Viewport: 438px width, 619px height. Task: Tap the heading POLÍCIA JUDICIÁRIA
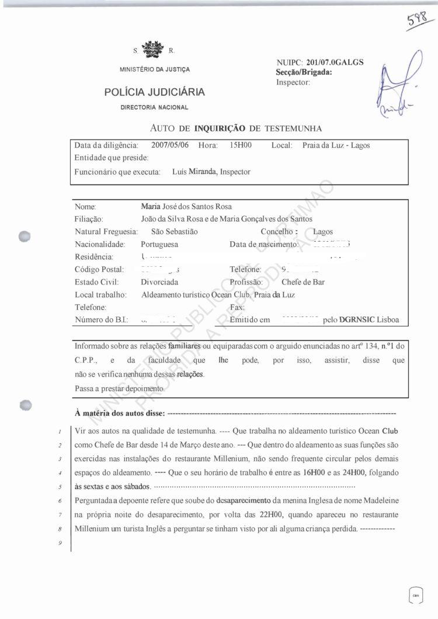(x=154, y=92)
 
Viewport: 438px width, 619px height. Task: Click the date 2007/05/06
(x=170, y=145)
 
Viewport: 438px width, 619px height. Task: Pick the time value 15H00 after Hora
(x=241, y=145)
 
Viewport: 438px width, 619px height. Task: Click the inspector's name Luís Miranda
(x=194, y=172)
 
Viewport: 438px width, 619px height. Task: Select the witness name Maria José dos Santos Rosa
(x=186, y=207)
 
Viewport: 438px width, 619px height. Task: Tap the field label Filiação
(x=89, y=219)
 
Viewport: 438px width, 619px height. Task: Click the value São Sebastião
(x=174, y=232)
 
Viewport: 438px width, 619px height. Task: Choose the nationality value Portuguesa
(x=159, y=244)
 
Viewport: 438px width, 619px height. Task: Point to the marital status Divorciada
(x=159, y=282)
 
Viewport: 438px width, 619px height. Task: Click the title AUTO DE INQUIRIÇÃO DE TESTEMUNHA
(x=236, y=128)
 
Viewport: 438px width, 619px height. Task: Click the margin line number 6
(x=61, y=502)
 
